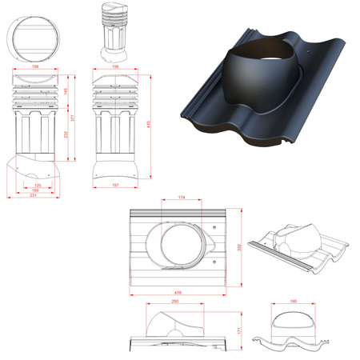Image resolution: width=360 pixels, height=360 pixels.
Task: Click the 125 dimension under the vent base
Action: (x=38, y=185)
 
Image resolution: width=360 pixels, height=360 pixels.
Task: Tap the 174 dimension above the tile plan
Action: (x=182, y=197)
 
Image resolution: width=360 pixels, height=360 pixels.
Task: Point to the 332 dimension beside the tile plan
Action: (x=242, y=246)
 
